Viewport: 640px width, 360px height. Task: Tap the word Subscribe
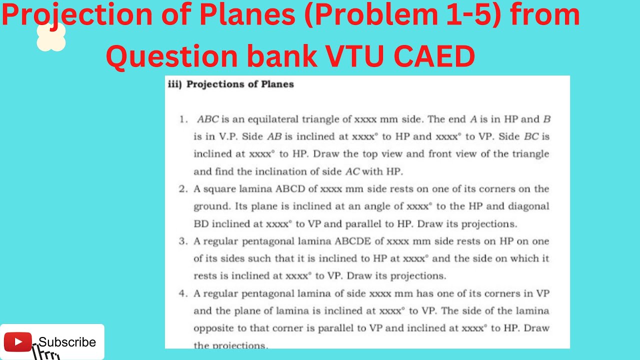[x=67, y=342]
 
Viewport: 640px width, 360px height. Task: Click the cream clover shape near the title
[x=51, y=38]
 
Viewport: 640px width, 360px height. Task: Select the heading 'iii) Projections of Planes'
[x=230, y=84]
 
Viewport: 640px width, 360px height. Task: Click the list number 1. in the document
[x=183, y=119]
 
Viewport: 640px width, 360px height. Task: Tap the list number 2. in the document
[x=183, y=189]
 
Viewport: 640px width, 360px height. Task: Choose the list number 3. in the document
[x=183, y=241]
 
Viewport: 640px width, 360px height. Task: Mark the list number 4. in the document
[x=183, y=293]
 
